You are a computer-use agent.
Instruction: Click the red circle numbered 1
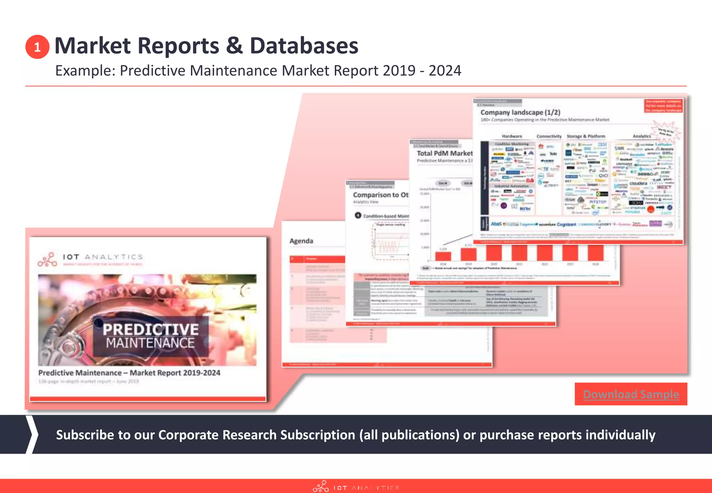[x=37, y=47]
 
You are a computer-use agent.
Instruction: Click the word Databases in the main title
[x=304, y=46]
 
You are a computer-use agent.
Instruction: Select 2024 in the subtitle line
[x=445, y=71]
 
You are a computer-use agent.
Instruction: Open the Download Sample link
[x=631, y=394]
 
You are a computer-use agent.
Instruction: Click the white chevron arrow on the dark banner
[x=32, y=434]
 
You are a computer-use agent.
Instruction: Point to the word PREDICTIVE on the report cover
[x=151, y=329]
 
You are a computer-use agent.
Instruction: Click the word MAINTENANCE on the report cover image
[x=150, y=343]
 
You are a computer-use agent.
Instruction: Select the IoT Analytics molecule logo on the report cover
[x=47, y=260]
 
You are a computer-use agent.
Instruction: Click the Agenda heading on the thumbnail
[x=301, y=241]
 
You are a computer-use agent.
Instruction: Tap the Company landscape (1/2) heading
[x=520, y=112]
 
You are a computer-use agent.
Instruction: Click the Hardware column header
[x=512, y=136]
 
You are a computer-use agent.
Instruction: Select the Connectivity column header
[x=549, y=136]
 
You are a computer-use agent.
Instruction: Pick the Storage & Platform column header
[x=586, y=136]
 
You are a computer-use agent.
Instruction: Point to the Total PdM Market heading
[x=444, y=153]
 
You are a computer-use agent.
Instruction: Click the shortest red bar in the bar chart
[x=443, y=256]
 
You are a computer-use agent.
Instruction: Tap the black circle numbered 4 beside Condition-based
[x=358, y=215]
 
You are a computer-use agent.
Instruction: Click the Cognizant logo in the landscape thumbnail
[x=566, y=225]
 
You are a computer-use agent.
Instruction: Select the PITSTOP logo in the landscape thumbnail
[x=598, y=202]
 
